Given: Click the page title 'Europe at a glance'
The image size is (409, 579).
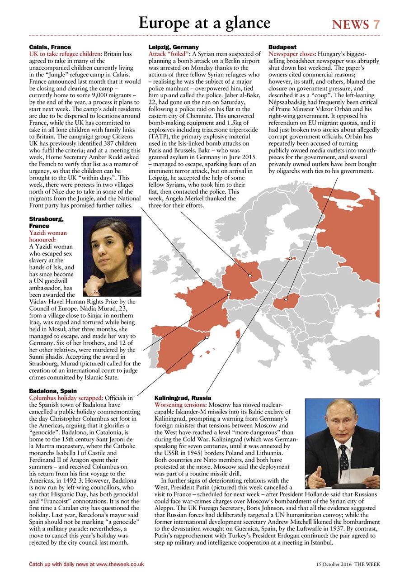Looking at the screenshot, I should pos(204,23).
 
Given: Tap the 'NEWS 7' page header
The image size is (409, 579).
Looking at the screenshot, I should pos(356,24).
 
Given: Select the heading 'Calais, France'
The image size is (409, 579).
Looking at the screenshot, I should pos(50,47).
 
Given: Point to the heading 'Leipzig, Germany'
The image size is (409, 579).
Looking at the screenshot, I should pos(174,47).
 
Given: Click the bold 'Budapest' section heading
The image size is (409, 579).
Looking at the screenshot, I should pos(282,47).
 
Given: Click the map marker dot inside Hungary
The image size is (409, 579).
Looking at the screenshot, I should pos(286,299).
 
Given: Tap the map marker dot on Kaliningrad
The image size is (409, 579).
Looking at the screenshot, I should pos(291,259).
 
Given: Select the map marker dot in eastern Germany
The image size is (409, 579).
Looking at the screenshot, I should pos(249,275).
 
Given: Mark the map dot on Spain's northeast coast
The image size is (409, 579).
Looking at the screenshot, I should pos(207,337).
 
